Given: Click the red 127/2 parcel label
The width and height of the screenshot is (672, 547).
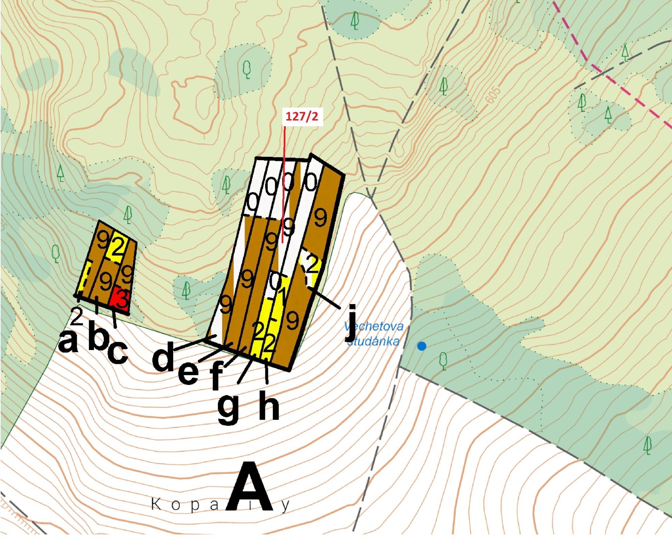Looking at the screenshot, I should pyautogui.click(x=302, y=116).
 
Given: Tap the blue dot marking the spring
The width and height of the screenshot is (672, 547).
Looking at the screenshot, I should pyautogui.click(x=422, y=346).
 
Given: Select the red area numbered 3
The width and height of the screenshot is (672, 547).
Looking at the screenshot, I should pyautogui.click(x=121, y=299).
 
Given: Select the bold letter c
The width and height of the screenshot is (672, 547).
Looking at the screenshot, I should pyautogui.click(x=118, y=352).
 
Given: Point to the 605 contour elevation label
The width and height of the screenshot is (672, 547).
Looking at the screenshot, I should pyautogui.click(x=493, y=94).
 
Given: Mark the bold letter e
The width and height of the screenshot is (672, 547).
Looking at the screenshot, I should pyautogui.click(x=188, y=372).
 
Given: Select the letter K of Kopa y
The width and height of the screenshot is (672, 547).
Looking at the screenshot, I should pyautogui.click(x=156, y=504).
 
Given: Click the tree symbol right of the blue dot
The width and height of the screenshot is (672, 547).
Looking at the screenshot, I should pyautogui.click(x=443, y=361).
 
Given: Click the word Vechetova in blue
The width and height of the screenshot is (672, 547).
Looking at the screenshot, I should pyautogui.click(x=374, y=326).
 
